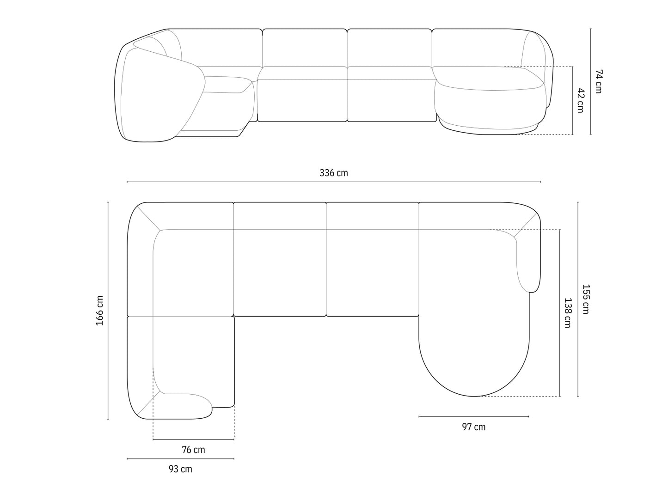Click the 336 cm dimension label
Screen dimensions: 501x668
pyautogui.click(x=333, y=173)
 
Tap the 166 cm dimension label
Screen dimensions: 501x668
pyautogui.click(x=99, y=310)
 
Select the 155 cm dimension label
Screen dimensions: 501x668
pyautogui.click(x=586, y=299)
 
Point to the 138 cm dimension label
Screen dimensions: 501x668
pyautogui.click(x=567, y=313)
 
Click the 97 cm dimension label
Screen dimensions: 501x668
pyautogui.click(x=474, y=427)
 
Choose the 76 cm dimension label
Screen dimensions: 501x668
pyautogui.click(x=193, y=450)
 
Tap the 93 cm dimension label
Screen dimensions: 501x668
pyautogui.click(x=180, y=469)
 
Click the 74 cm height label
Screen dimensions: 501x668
pyautogui.click(x=598, y=81)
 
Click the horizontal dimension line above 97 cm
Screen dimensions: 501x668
pyautogui.click(x=474, y=416)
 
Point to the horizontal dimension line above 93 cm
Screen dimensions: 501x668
pyautogui.click(x=180, y=459)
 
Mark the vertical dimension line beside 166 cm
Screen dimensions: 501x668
pyautogui.click(x=108, y=310)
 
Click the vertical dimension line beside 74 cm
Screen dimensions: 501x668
pyautogui.click(x=590, y=81)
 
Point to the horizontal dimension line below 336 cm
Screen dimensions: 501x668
pyautogui.click(x=333, y=182)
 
